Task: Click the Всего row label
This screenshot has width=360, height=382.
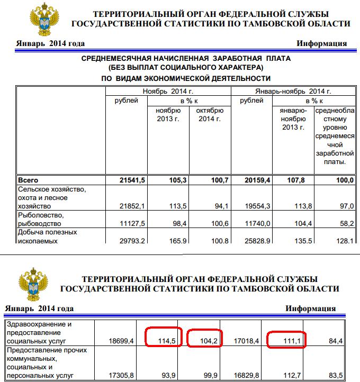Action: click(28, 180)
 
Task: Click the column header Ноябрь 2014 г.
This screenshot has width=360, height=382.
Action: click(168, 92)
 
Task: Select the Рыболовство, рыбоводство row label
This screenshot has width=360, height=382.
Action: click(41, 220)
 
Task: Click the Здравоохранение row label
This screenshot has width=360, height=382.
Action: click(44, 333)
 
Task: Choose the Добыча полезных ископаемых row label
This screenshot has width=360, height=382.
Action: click(48, 237)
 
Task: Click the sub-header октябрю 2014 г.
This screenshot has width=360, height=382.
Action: click(210, 115)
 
